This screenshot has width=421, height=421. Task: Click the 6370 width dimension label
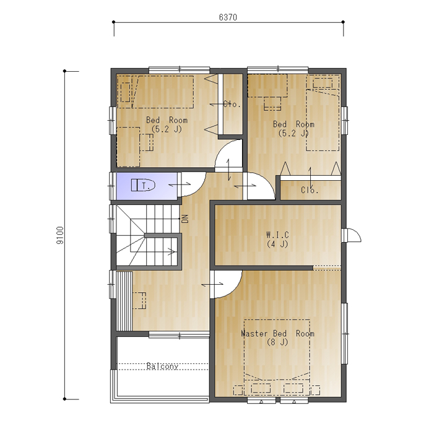228,17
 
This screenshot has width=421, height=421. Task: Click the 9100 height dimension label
61,235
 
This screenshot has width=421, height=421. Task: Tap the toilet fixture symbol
143,185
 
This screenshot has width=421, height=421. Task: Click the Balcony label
162,366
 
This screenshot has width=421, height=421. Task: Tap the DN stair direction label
185,219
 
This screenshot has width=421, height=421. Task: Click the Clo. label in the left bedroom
232,104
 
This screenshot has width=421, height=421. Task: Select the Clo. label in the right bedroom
310,190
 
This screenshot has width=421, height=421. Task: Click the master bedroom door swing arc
233,290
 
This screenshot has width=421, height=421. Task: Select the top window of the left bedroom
180,69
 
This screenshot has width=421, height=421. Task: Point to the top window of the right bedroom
278,69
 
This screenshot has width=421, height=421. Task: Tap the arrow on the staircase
171,251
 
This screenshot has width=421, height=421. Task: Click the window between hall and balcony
179,334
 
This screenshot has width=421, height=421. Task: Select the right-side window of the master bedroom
345,333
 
